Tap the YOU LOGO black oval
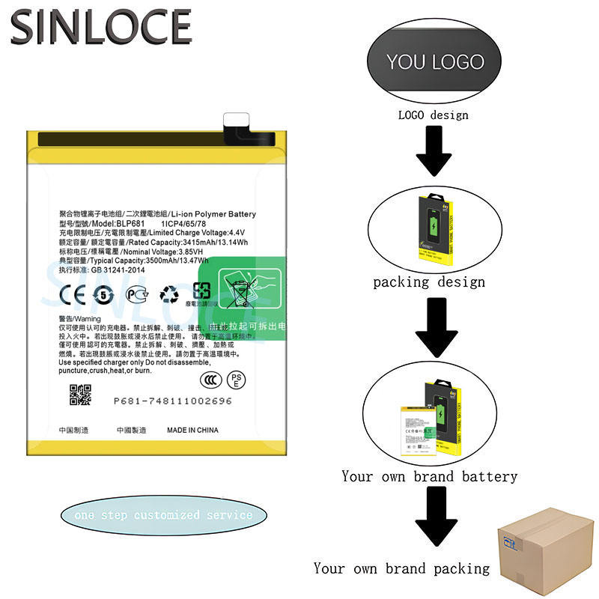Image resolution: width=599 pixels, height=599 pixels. coord(435,61)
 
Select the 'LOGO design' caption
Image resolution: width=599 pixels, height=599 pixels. coord(433,115)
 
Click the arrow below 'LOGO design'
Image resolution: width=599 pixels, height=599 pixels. coord(433,150)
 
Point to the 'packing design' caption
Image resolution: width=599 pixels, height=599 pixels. coord(429,282)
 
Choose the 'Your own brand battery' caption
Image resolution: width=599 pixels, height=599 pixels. coord(429,476)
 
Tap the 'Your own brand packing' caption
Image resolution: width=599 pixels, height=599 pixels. coord(401,568)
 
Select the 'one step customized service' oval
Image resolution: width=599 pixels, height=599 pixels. coord(164,515)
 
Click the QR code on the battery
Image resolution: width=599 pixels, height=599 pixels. coord(80,395)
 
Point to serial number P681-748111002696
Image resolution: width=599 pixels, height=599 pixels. coord(173,401)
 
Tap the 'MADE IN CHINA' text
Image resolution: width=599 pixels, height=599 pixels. coord(192,431)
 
